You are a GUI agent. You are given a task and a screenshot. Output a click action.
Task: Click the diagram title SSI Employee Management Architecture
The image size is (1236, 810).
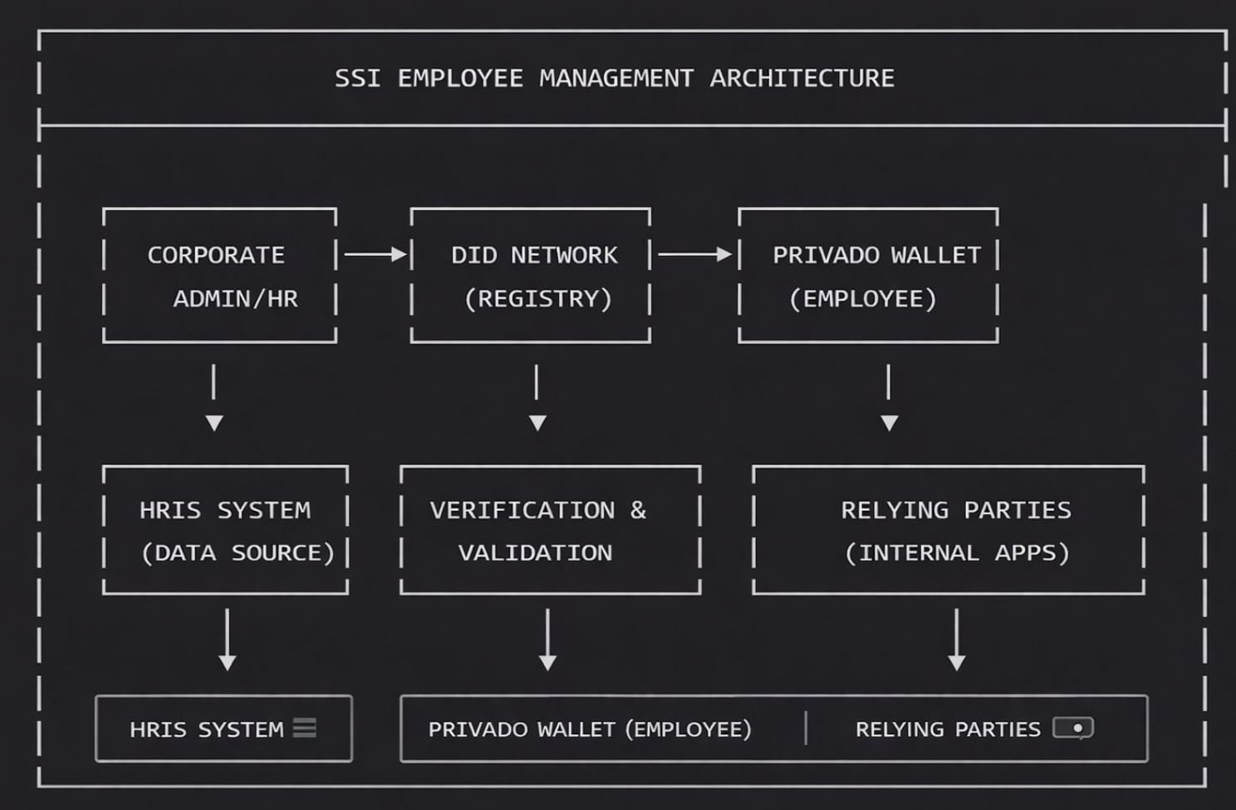[614, 78]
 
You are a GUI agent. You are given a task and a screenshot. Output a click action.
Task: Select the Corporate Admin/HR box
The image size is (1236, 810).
[219, 276]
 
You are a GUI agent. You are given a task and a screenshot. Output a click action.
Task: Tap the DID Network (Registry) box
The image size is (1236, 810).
[531, 276]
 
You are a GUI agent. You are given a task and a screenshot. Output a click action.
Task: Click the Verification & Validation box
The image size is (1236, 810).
[550, 531]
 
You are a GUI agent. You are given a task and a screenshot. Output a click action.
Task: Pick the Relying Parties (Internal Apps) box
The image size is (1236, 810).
[949, 531]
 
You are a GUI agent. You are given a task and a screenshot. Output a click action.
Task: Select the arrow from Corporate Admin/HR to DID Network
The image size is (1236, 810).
[375, 254]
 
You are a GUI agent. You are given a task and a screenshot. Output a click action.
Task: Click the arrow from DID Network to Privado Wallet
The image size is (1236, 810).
[694, 254]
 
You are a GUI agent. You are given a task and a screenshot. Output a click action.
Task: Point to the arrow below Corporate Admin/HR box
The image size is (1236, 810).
[214, 398]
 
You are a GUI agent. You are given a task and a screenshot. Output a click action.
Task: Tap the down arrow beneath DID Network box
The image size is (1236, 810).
[537, 398]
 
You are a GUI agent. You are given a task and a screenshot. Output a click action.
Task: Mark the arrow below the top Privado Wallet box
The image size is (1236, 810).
[889, 398]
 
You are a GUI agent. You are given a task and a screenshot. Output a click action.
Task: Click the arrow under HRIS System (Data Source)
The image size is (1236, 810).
[227, 640]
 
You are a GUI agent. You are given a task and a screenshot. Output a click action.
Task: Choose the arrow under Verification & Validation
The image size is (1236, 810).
[547, 640]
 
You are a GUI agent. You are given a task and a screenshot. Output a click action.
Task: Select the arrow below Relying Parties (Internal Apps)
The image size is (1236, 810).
[957, 640]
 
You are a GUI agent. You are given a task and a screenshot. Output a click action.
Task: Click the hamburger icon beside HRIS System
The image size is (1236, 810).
[305, 729]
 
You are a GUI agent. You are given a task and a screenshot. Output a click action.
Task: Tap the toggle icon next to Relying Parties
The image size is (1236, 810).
[1073, 729]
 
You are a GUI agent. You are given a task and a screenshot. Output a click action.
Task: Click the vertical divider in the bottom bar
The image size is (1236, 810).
[806, 729]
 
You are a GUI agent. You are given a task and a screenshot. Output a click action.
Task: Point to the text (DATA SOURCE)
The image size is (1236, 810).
[238, 553]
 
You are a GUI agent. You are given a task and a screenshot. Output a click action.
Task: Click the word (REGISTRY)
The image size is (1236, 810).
[538, 299]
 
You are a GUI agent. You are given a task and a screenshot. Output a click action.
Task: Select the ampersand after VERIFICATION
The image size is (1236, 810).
[638, 510]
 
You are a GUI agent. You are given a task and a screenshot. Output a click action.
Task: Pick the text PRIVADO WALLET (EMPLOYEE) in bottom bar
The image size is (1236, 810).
[590, 729]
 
